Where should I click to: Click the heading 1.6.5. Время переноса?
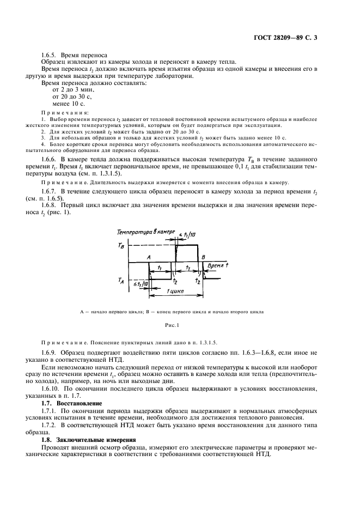point(75,55)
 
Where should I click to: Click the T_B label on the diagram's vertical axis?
point(121,246)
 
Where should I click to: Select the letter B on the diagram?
point(203,257)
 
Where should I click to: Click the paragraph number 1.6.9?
point(50,354)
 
